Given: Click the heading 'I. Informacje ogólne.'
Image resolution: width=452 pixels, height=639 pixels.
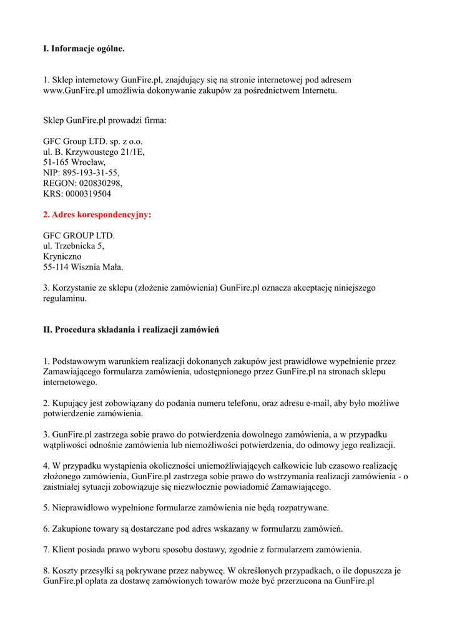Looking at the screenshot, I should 84,48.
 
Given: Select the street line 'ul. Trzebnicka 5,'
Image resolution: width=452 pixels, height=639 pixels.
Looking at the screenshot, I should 74,246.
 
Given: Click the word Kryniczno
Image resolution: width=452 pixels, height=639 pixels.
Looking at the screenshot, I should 62,256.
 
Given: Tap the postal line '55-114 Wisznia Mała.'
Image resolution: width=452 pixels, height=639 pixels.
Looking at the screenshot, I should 83,267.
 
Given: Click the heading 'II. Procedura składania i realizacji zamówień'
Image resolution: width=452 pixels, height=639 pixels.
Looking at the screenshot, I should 130,329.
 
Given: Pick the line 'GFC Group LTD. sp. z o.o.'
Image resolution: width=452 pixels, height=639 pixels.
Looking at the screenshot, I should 93,141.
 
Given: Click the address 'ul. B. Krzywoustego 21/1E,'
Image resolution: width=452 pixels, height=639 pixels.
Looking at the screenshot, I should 94,152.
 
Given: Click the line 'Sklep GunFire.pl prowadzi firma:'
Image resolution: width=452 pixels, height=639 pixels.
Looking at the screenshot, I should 105,120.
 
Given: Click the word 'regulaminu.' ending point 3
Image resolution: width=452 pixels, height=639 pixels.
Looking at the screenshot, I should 65,298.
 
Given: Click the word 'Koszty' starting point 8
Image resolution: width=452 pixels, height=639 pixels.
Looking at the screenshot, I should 67,570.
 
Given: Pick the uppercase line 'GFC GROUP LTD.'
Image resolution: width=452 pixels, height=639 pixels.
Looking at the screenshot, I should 79,235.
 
